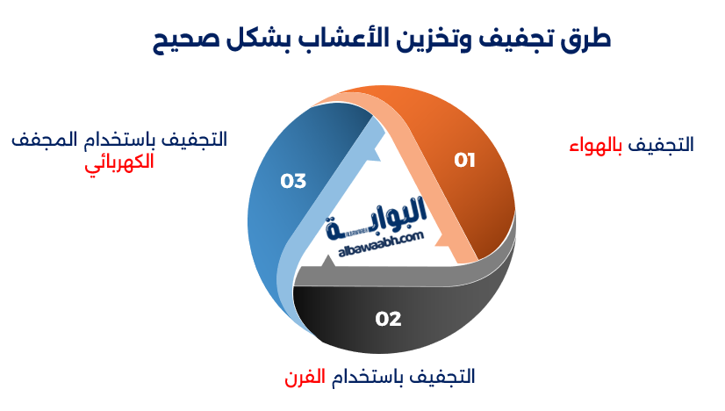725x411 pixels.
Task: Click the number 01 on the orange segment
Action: point(464,160)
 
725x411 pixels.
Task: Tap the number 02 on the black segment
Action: point(388,319)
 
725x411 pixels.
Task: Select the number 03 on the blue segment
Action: point(293,181)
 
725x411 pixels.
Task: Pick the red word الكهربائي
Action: point(119,162)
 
